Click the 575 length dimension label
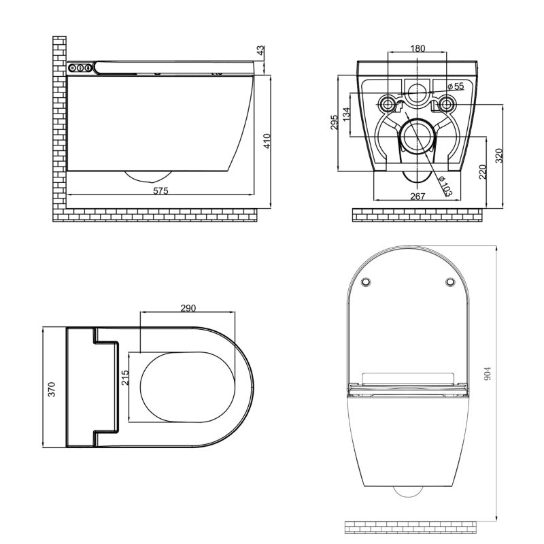tap(160, 191)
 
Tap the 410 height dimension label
tap(267, 141)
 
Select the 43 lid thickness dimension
tap(260, 50)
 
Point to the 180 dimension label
tap(418, 48)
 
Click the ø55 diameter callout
tap(456, 86)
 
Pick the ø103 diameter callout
tap(445, 186)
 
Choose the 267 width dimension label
tap(418, 197)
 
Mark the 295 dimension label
tap(334, 122)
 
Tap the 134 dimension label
tap(346, 114)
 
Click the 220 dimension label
tap(483, 172)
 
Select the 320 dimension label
tap(498, 156)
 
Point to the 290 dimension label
tap(188, 308)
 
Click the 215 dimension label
tap(125, 377)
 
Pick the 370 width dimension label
tap(52, 389)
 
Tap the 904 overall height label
tap(488, 373)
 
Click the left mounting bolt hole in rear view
tap(387, 103)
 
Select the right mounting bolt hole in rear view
tap(447, 103)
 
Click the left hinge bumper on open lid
tap(366, 282)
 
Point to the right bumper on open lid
tap(450, 282)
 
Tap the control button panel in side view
tap(80, 68)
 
